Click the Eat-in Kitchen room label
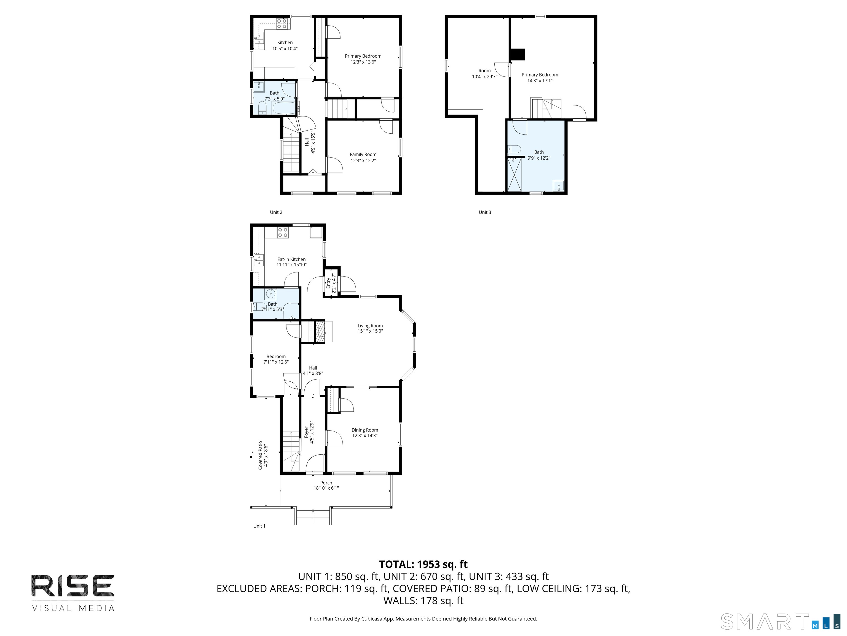291,259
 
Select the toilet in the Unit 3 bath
515,149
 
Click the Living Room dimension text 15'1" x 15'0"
370,331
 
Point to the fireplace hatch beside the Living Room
319,332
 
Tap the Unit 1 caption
259,526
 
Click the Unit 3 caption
484,212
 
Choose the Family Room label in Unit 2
363,155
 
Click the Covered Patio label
260,455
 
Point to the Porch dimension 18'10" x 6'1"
326,488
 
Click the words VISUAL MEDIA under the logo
73,608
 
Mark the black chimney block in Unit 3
517,54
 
